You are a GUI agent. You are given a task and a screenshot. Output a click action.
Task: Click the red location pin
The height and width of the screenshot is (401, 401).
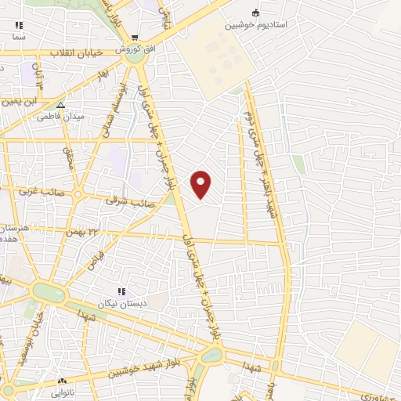(x=201, y=184)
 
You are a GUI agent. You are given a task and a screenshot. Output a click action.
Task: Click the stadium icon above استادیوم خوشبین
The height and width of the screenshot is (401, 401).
(x=256, y=12)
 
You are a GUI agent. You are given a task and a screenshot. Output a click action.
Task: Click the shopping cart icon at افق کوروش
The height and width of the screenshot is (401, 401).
(x=135, y=37)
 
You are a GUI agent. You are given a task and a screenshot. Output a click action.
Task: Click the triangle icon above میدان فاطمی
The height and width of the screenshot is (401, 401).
(x=60, y=104)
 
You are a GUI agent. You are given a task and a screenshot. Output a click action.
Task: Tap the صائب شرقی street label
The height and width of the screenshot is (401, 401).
(x=130, y=201)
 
